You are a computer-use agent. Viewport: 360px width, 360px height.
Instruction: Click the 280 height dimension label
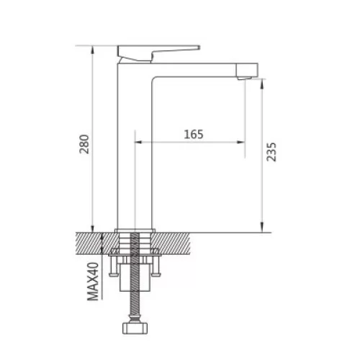pos(84,144)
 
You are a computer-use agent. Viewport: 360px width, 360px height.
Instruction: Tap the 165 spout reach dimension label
pos(194,135)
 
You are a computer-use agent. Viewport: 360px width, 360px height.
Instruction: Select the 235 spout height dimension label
pos(271,152)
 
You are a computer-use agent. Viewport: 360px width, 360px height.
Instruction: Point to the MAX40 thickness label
pos(93,282)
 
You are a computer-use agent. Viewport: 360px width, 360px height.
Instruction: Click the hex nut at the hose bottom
pos(135,328)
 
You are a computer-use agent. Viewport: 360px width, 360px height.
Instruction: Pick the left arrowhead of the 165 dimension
pos(138,142)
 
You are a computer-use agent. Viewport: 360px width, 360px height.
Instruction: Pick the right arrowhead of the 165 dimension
pos(241,142)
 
